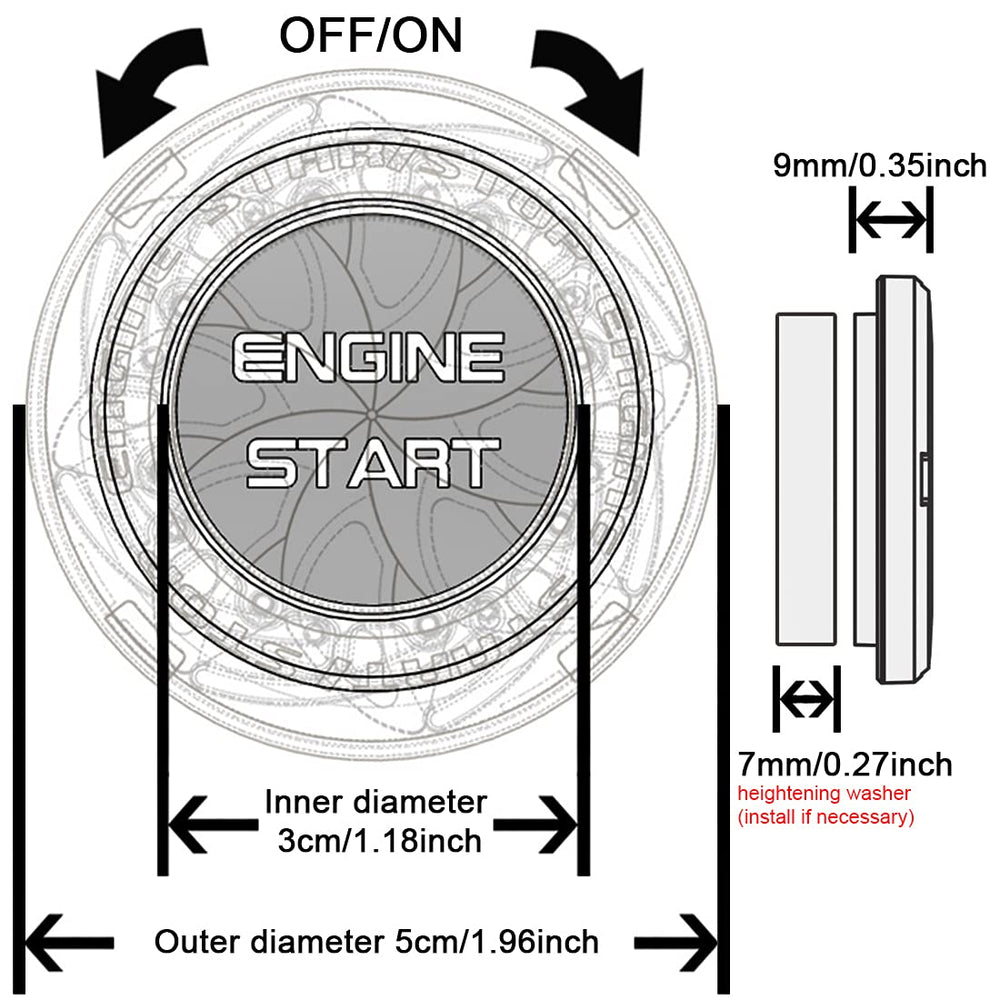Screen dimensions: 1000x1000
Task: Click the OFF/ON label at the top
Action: coord(370,36)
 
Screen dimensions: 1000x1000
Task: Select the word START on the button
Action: coord(372,463)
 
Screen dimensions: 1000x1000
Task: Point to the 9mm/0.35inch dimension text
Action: coord(880,164)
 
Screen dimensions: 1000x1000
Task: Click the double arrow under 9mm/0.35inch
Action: coord(890,222)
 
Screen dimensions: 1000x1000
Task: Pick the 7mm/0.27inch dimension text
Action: coord(845,766)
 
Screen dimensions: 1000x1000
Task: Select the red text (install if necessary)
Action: coord(826,817)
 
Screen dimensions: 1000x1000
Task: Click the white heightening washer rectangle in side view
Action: coord(806,477)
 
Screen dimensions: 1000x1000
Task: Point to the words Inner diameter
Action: coord(376,801)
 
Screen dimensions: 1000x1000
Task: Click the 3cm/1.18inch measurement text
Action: coord(380,840)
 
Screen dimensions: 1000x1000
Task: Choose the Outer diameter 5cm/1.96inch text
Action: coord(376,941)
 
